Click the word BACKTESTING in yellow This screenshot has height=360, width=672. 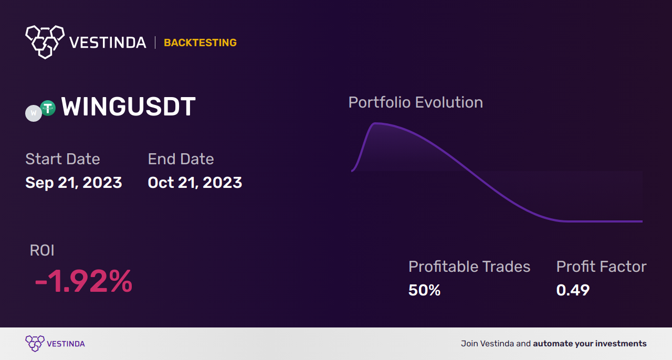(200, 43)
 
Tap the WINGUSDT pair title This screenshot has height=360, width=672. (128, 107)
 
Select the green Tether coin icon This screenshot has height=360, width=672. (48, 108)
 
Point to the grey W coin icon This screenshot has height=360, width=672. (34, 113)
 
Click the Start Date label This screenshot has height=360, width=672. (62, 159)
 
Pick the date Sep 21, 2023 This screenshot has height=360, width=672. (73, 183)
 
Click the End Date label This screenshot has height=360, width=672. (181, 159)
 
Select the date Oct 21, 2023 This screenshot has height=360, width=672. (195, 183)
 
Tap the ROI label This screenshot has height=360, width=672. (42, 250)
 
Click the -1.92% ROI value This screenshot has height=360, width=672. (83, 281)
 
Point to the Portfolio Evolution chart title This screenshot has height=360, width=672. (415, 102)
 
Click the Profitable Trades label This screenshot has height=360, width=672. (469, 267)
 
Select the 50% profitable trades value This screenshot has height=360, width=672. (424, 290)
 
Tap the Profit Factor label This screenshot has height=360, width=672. (601, 267)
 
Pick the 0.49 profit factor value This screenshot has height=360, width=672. (573, 290)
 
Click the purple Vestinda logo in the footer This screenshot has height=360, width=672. (35, 344)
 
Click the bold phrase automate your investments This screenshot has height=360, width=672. (590, 344)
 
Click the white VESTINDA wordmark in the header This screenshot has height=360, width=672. (108, 43)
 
